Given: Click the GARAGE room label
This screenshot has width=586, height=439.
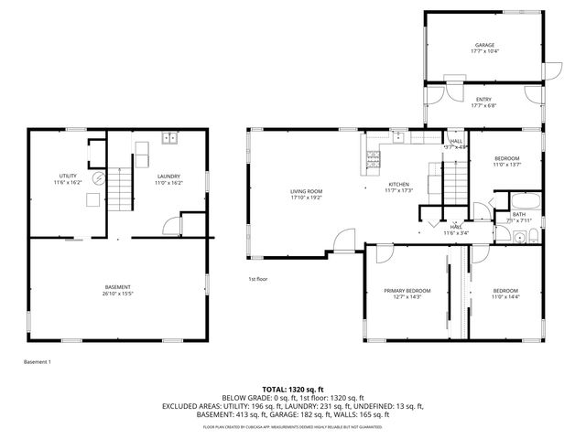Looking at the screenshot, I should click(x=483, y=45).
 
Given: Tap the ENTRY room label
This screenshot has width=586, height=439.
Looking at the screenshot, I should click(x=483, y=100).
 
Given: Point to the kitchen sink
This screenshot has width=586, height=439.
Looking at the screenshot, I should click(x=400, y=138).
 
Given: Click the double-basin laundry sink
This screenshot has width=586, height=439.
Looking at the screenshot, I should click(x=169, y=139).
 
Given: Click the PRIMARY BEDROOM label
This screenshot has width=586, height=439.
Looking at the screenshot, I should click(x=407, y=290).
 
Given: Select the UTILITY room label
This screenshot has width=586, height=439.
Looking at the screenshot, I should click(x=68, y=176).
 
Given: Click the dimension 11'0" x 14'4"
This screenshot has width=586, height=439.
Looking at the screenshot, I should click(x=505, y=296).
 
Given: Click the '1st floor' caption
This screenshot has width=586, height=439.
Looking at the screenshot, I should click(x=257, y=278).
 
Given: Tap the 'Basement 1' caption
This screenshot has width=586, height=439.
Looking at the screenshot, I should click(x=38, y=362).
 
